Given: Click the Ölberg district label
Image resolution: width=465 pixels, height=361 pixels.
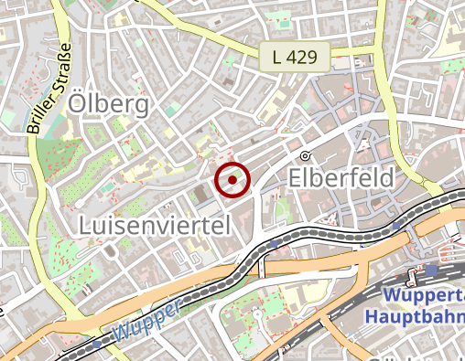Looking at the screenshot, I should [x=108, y=105].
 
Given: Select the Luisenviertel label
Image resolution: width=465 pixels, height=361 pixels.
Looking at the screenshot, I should [x=154, y=224].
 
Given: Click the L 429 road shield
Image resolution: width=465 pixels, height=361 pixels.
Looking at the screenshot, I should [x=293, y=57].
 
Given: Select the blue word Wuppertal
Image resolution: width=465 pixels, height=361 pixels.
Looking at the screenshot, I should [x=424, y=296].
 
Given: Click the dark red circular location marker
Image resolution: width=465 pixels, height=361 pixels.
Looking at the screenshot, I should [x=232, y=179].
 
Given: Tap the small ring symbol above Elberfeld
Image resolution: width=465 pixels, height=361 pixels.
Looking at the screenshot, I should [x=305, y=154].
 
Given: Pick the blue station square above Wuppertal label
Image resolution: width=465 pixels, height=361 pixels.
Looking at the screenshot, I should [x=432, y=271].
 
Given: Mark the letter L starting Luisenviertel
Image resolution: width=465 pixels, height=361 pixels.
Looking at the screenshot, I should [x=86, y=224].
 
